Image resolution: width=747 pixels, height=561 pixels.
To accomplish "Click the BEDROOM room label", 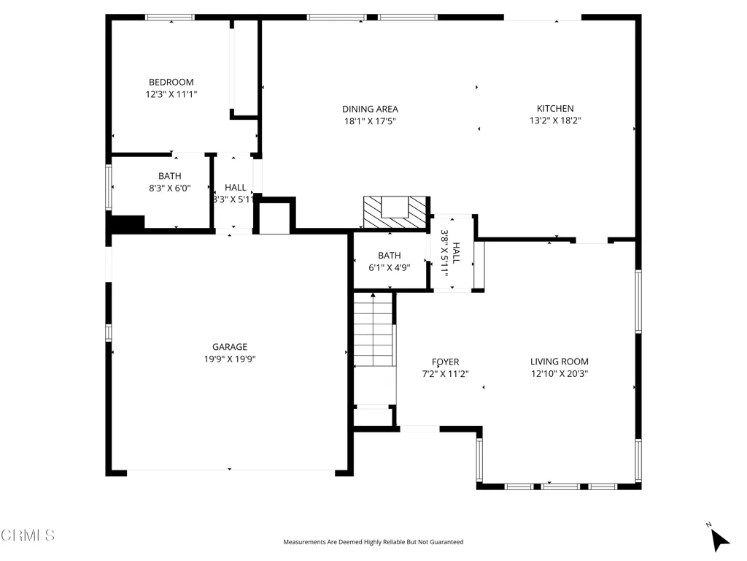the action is [171, 82].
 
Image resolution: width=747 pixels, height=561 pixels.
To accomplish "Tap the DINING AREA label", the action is [370, 110].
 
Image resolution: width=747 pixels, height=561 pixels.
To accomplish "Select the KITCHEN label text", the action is [555, 108].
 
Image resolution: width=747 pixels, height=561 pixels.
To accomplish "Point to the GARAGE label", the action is [230, 347].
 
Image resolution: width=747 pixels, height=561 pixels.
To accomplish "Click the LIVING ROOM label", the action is [560, 362].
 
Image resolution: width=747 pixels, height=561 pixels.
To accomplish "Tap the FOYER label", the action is [446, 362].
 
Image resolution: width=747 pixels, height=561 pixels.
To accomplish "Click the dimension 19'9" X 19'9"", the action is [230, 359].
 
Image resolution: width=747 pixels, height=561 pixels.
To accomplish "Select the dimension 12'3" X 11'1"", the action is [171, 94].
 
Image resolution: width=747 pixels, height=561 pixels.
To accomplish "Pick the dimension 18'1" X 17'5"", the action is [370, 121].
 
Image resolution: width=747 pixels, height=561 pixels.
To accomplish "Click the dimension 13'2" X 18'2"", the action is [555, 121].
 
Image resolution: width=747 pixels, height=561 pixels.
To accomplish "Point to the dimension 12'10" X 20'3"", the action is [560, 373].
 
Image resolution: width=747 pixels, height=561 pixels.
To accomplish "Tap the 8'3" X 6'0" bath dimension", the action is [169, 188].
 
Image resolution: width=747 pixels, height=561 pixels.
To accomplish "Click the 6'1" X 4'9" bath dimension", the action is [390, 267].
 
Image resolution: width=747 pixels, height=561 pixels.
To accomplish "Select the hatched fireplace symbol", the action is [395, 212].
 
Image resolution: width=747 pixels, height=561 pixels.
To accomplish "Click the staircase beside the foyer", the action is [373, 329].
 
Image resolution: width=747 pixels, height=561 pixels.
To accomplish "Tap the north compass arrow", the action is [719, 540].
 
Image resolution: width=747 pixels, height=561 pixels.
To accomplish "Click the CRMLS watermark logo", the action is [28, 535].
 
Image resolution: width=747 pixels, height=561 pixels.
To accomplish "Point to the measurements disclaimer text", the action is [373, 542].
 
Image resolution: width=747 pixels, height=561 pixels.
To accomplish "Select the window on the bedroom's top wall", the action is [170, 18].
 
